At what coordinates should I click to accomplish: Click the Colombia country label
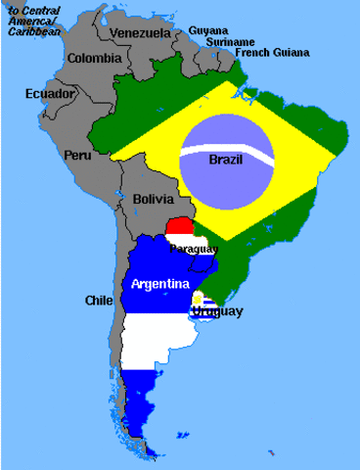(x=93, y=58)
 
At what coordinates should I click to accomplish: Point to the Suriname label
(x=230, y=42)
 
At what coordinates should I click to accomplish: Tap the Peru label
(x=76, y=155)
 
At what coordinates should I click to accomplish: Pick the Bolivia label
(x=153, y=200)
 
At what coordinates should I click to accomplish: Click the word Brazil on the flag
(x=226, y=159)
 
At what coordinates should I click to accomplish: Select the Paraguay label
(x=192, y=250)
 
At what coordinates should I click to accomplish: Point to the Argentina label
(x=159, y=284)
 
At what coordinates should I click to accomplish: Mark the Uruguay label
(x=216, y=311)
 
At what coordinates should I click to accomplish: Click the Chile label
(x=99, y=300)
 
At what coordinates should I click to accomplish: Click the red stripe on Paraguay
(x=180, y=226)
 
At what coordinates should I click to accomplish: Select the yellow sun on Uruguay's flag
(x=199, y=298)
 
